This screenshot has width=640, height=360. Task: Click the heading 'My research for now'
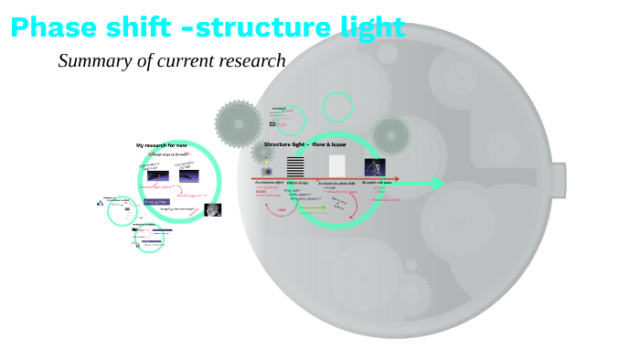(x=162, y=145)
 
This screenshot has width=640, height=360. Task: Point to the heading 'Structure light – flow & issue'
(x=304, y=144)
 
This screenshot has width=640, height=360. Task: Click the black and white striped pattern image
(x=295, y=166)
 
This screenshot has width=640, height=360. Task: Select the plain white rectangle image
(x=336, y=165)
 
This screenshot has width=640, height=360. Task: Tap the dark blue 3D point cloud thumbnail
(x=375, y=166)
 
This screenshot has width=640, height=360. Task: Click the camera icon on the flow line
(x=267, y=171)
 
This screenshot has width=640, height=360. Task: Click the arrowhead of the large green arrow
(x=438, y=184)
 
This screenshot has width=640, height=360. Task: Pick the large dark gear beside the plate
(x=239, y=122)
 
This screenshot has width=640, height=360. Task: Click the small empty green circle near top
(x=338, y=107)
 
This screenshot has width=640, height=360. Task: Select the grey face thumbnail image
(x=213, y=210)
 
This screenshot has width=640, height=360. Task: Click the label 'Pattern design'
(x=297, y=183)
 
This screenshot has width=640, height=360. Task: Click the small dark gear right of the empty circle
(x=390, y=135)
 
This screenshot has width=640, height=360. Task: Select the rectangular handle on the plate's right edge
(x=557, y=180)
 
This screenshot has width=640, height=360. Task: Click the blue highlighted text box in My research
(x=155, y=202)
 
